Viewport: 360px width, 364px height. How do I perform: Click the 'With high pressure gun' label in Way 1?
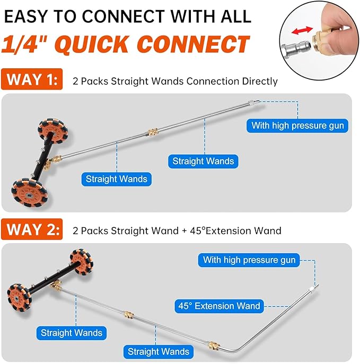[x=298, y=126]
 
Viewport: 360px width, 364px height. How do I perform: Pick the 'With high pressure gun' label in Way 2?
[x=249, y=260]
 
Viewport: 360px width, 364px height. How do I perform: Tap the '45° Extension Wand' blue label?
[x=219, y=306]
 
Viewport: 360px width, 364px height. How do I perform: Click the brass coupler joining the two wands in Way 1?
[x=152, y=130]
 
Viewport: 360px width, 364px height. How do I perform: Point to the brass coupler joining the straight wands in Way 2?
[x=127, y=314]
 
